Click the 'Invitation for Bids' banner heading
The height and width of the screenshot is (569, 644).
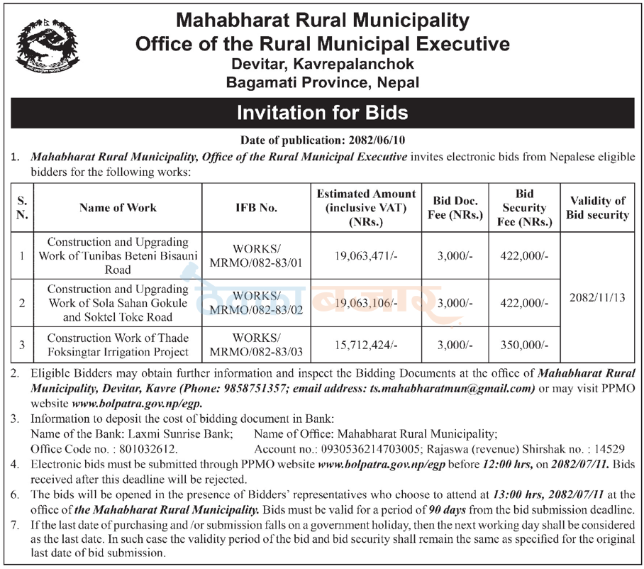click(x=322, y=113)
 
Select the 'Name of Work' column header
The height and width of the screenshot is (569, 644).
click(x=118, y=208)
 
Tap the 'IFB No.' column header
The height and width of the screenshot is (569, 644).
click(x=256, y=208)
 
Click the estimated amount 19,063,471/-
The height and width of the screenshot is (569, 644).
click(x=366, y=257)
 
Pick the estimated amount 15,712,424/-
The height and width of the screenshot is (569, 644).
click(x=366, y=345)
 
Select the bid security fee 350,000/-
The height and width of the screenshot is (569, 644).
click(x=525, y=345)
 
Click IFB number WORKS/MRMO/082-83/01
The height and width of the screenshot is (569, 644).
click(x=256, y=257)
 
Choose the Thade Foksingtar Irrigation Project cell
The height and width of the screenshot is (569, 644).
click(x=118, y=345)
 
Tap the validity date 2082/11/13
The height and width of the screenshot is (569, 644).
click(x=597, y=299)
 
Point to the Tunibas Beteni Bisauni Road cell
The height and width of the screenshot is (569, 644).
click(x=118, y=256)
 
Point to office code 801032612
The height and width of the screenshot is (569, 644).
click(x=150, y=448)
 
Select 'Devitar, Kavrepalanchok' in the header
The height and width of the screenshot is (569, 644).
click(x=322, y=64)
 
